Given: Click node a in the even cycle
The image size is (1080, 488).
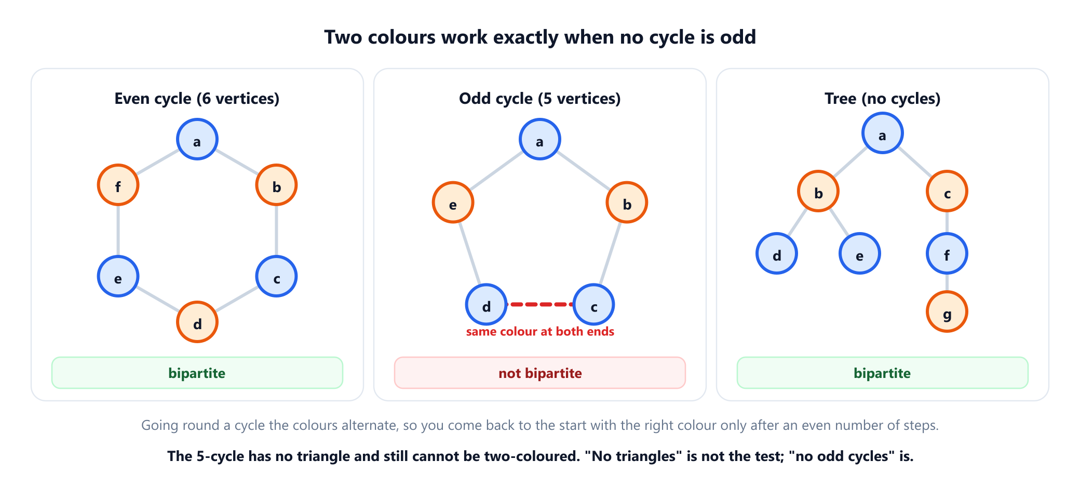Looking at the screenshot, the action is tap(197, 139).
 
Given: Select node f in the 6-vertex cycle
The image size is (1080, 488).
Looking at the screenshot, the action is tap(118, 185).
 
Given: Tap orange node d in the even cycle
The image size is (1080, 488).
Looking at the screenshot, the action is tap(197, 322).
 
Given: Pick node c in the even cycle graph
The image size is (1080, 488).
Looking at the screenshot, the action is tap(276, 276).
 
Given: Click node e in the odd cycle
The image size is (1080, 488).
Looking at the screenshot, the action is tap(453, 202).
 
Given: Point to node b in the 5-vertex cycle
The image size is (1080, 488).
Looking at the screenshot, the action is tap(627, 202).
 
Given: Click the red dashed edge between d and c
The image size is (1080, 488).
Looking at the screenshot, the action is tap(540, 304).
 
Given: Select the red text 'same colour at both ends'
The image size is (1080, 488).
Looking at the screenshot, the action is tap(540, 332).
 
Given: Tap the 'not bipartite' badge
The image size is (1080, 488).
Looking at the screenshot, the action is tap(540, 373).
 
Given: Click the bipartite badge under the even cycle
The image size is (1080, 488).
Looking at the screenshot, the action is tap(197, 373).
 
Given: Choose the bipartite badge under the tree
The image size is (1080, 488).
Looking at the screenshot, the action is tap(883, 373).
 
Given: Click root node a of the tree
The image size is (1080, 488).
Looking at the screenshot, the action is tap(883, 133).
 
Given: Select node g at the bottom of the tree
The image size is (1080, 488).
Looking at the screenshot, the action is tap(947, 311).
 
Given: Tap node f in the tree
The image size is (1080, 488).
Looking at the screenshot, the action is tap(947, 253).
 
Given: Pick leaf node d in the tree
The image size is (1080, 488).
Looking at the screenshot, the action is tap(777, 253).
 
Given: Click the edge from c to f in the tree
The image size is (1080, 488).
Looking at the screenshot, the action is tap(947, 222).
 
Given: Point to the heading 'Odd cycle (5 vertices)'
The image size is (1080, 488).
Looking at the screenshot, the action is tap(540, 99).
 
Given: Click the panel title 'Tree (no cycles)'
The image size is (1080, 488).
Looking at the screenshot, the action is tap(883, 99).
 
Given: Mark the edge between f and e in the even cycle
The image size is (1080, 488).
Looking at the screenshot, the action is tap(118, 231).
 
